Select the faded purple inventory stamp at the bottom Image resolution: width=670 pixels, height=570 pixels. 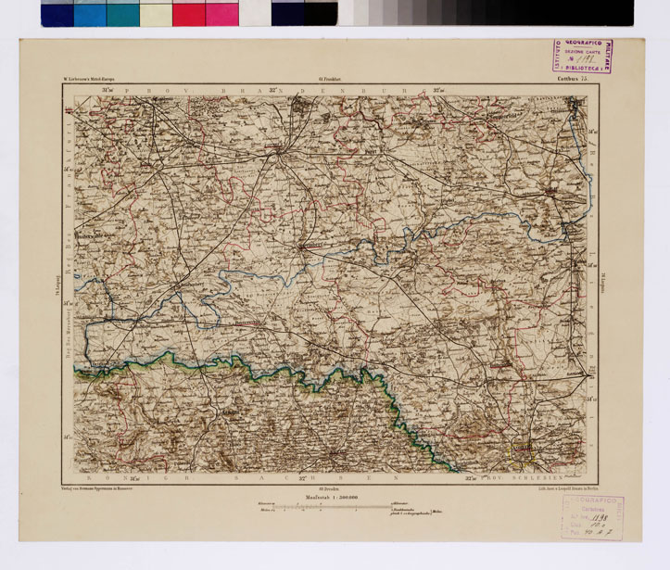click(x=588, y=516)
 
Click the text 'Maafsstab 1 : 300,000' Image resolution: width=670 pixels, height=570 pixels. click(x=335, y=497)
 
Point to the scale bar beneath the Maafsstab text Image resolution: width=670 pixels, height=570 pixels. click(x=334, y=506)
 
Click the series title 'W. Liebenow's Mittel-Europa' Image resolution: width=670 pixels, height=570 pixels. click(x=91, y=81)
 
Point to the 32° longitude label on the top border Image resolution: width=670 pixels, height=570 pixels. click(x=275, y=89)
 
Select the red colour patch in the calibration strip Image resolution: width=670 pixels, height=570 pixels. click(x=188, y=13)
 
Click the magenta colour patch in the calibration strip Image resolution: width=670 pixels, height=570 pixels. click(x=221, y=13)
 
